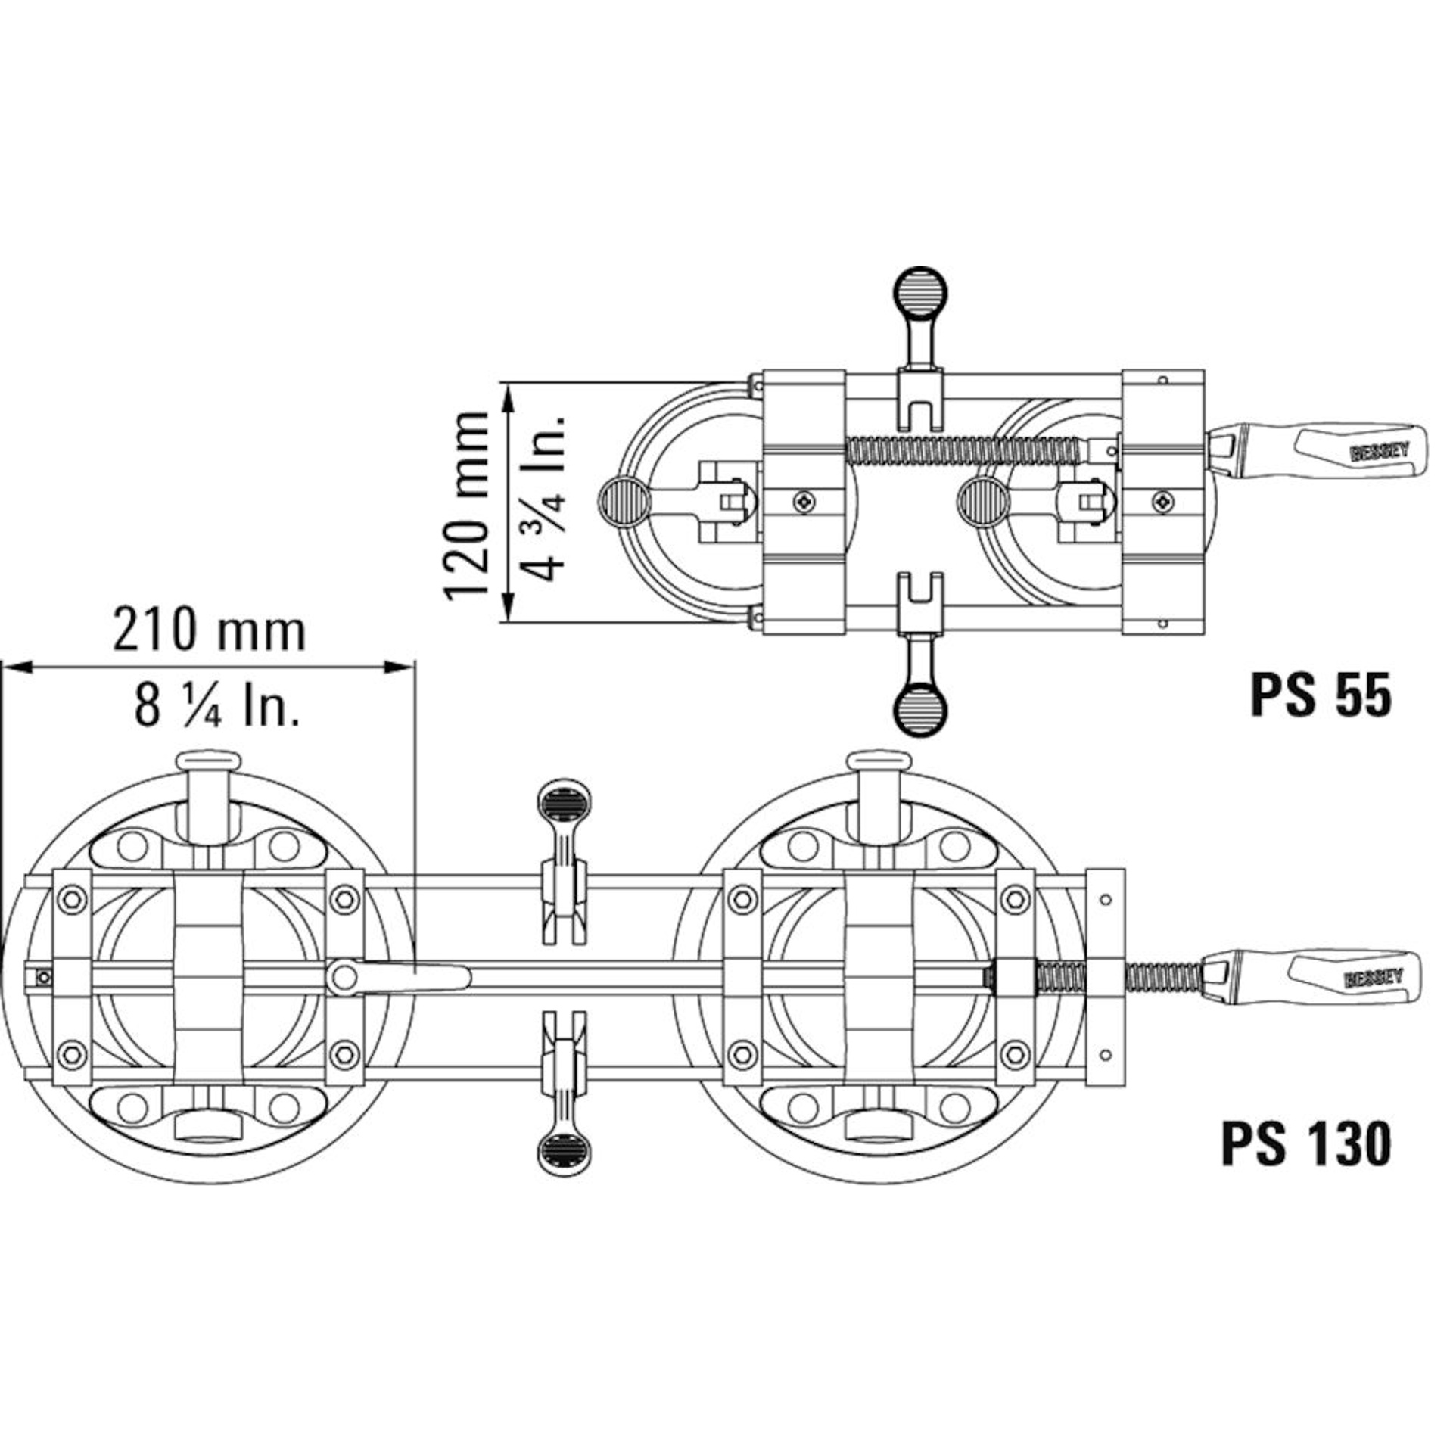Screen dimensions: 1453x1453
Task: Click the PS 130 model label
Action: [x=1306, y=1165]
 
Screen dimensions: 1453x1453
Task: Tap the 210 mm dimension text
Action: [x=210, y=630]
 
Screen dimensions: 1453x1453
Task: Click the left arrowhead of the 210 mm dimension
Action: [x=15, y=667]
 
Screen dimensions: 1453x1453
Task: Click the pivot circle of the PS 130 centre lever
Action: [x=344, y=977]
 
